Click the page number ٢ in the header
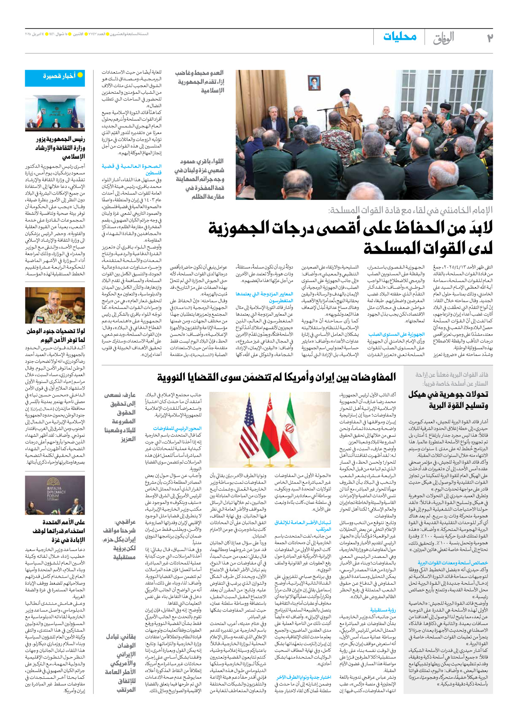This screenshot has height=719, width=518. [x=489, y=38]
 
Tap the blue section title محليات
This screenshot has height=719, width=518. [x=399, y=36]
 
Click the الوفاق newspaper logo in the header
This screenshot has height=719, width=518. [x=444, y=38]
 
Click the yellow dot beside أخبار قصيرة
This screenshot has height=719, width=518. [x=80, y=75]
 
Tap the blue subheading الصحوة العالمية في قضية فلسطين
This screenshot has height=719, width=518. [x=131, y=169]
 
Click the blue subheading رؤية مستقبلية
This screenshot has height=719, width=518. [x=383, y=610]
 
